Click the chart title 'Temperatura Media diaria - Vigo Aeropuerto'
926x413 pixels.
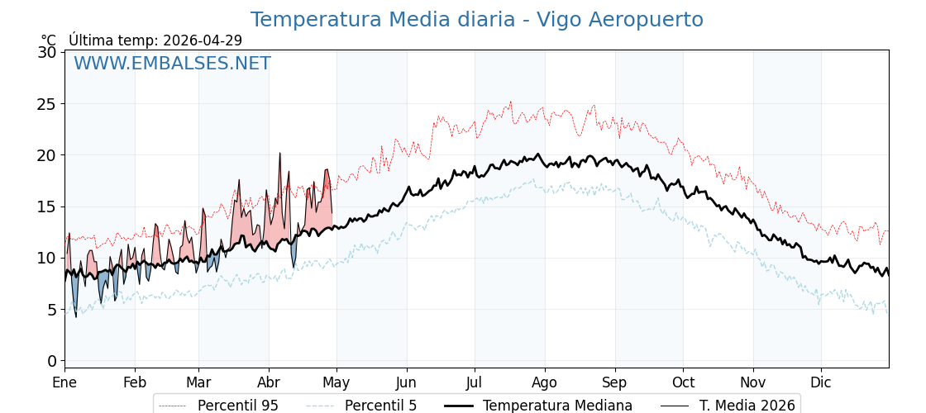click(476, 20)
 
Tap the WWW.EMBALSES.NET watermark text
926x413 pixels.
click(172, 64)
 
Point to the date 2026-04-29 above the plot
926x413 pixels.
click(203, 40)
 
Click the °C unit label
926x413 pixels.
click(49, 40)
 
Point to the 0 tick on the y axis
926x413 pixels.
click(52, 361)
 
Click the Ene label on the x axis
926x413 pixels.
click(64, 382)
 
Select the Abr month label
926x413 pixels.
click(269, 382)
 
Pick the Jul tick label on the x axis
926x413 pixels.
click(475, 382)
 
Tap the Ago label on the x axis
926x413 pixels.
click(545, 382)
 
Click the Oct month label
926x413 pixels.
click(683, 382)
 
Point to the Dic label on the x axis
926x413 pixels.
click(821, 382)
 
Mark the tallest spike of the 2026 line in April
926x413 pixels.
click(279, 154)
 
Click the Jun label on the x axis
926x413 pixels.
click(406, 382)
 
